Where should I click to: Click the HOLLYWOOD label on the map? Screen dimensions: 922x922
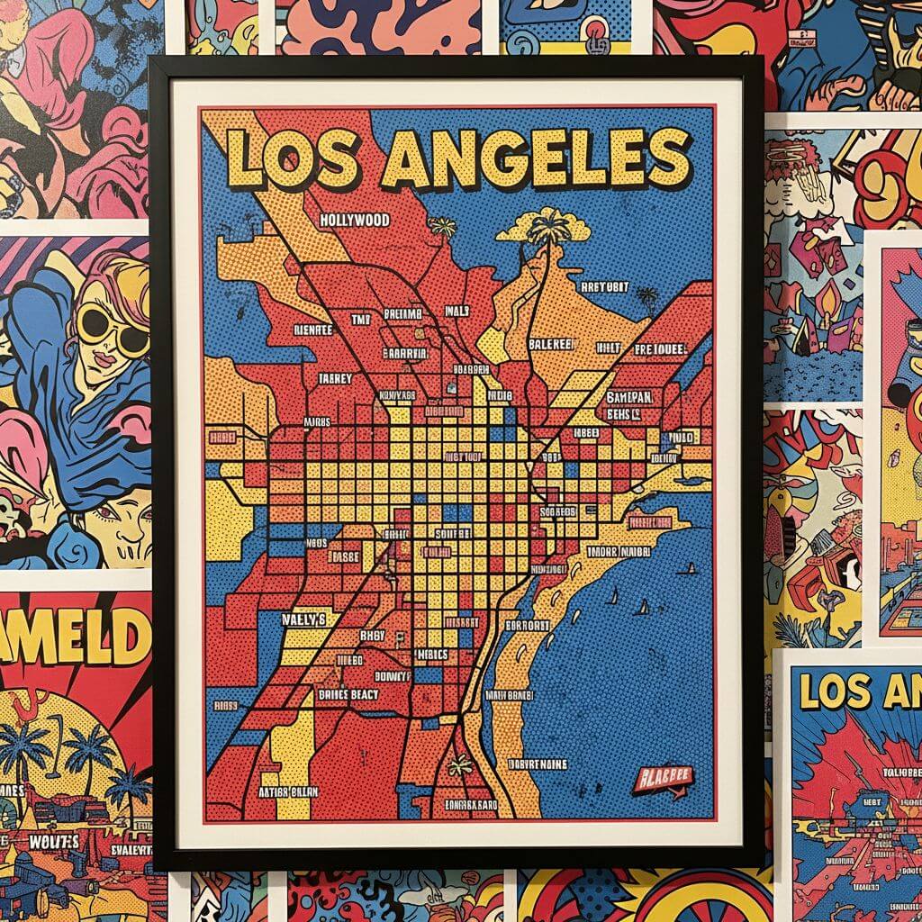(x=355, y=220)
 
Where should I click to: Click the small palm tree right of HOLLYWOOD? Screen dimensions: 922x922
(x=442, y=228)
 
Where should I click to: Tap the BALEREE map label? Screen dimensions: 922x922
(x=550, y=343)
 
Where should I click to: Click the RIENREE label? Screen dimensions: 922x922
(x=313, y=330)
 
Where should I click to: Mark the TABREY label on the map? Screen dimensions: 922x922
(x=335, y=379)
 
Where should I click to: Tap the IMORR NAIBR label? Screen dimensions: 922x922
(x=618, y=552)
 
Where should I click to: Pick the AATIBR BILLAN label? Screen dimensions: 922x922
(x=286, y=792)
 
